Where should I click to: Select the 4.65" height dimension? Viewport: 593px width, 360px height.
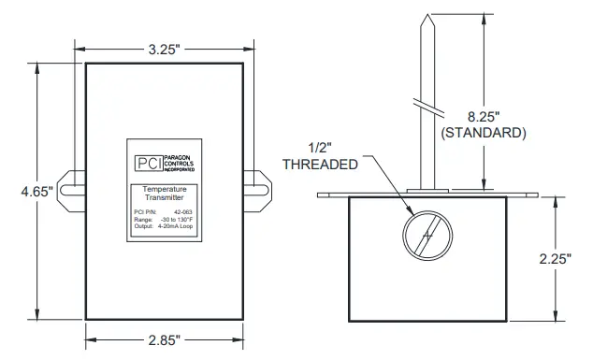tap(36, 191)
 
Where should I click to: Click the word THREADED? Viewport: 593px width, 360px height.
tap(321, 164)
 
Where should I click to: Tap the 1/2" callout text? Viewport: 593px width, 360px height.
tap(320, 147)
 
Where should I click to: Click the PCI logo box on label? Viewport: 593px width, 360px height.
tap(148, 161)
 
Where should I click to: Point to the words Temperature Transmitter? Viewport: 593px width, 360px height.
tap(164, 194)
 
